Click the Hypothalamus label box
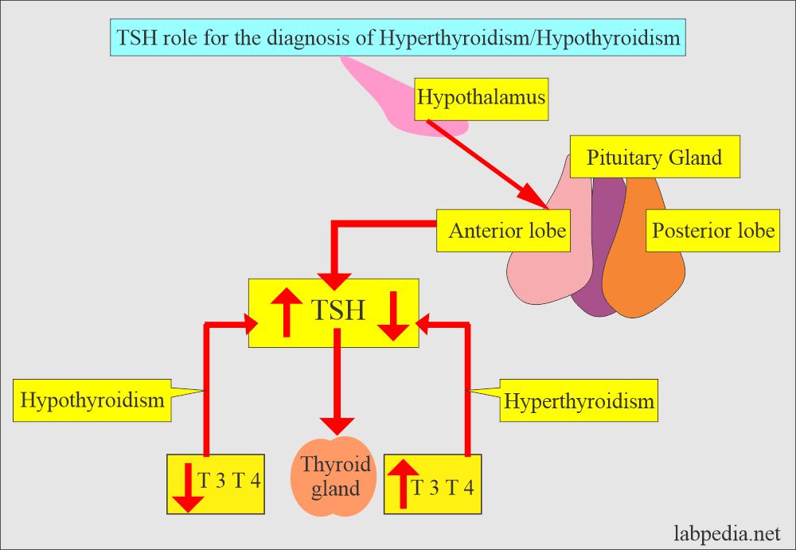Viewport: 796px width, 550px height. pyautogui.click(x=482, y=98)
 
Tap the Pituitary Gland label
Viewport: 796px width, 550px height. pyautogui.click(x=654, y=157)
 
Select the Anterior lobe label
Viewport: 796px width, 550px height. pyautogui.click(x=507, y=231)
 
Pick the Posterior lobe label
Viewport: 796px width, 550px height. pyautogui.click(x=712, y=231)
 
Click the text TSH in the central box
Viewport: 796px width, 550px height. pyautogui.click(x=338, y=310)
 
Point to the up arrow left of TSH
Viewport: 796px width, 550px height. pyautogui.click(x=286, y=313)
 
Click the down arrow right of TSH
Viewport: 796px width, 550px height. pyautogui.click(x=392, y=316)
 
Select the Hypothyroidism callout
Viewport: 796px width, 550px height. pyautogui.click(x=92, y=399)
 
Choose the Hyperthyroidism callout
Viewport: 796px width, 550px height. pyautogui.click(x=579, y=401)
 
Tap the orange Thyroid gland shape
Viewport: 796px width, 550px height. pyautogui.click(x=336, y=477)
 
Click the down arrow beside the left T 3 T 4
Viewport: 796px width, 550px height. pyautogui.click(x=188, y=487)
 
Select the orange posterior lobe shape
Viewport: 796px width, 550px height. pyautogui.click(x=645, y=279)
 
